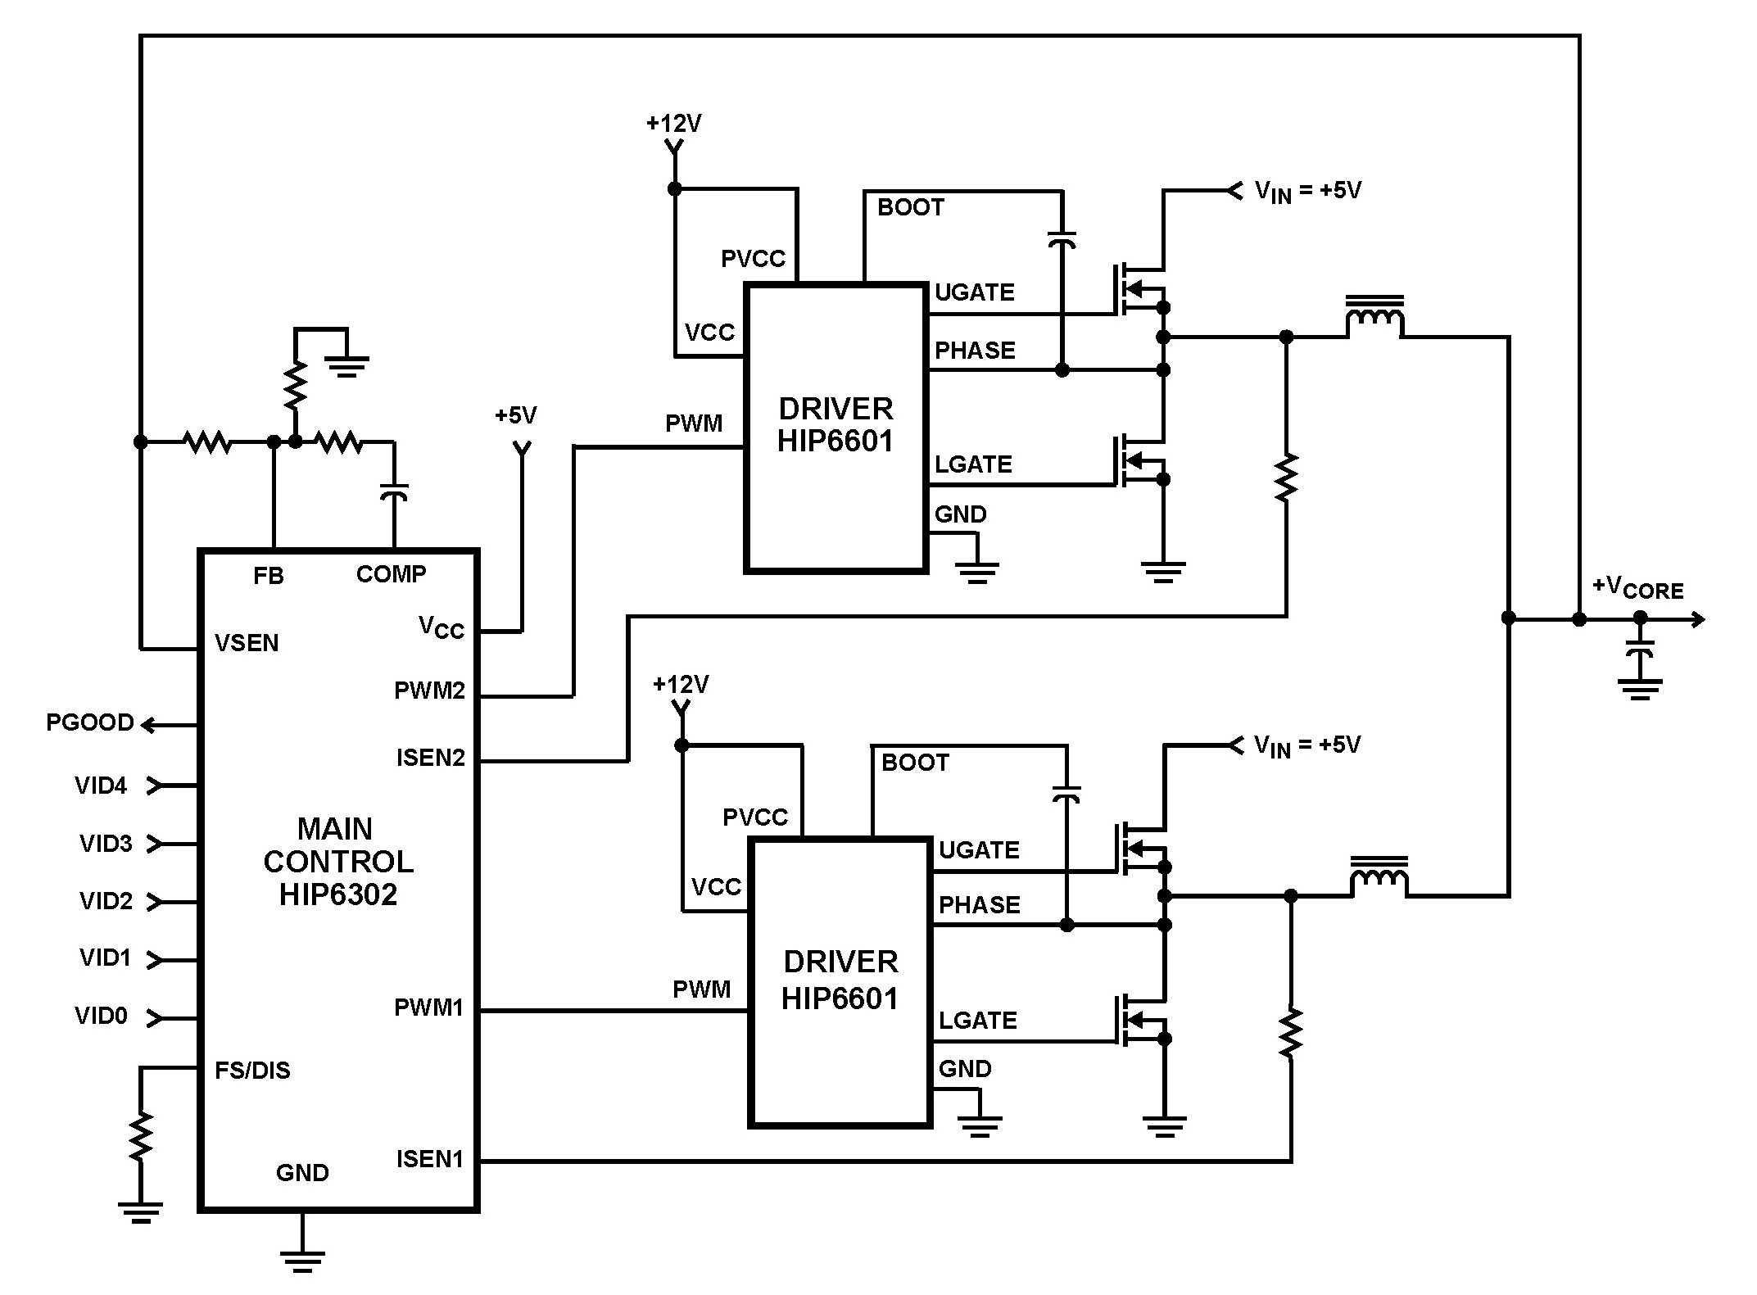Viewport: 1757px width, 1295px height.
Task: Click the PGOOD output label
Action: click(x=89, y=722)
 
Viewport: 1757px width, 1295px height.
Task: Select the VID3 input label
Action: click(x=106, y=844)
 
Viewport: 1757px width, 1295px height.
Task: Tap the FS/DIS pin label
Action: click(x=252, y=1071)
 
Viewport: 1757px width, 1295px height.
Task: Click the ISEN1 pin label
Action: click(x=430, y=1159)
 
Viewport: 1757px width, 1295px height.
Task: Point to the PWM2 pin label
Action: click(x=429, y=691)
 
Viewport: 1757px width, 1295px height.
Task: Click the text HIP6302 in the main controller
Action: click(x=337, y=894)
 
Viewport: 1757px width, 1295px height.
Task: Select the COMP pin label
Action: click(x=391, y=574)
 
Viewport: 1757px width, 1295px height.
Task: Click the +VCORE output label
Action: click(x=1637, y=588)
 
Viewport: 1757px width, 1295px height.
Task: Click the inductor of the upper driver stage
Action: click(x=1374, y=317)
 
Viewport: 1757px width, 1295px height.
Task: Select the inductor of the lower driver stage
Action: click(x=1379, y=877)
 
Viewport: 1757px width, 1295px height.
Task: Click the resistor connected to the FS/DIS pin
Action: click(x=141, y=1135)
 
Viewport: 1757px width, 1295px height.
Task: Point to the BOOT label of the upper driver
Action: click(x=910, y=207)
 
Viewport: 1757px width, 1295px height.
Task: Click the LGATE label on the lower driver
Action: click(x=977, y=1020)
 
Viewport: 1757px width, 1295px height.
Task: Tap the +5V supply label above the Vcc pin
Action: click(x=515, y=415)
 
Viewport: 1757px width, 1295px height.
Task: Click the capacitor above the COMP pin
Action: click(x=394, y=492)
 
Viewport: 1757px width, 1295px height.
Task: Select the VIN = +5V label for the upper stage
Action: click(x=1307, y=192)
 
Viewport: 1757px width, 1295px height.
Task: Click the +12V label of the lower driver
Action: click(x=680, y=685)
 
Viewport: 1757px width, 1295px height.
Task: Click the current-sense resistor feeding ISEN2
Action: click(x=1286, y=477)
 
